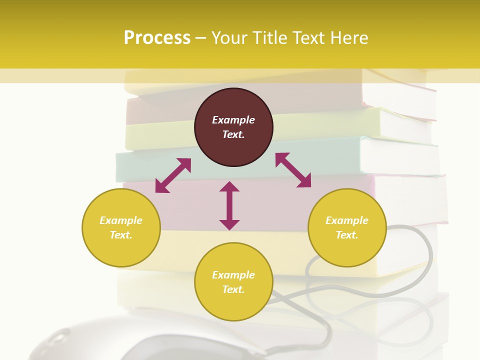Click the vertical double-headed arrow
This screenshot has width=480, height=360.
coord(229,205)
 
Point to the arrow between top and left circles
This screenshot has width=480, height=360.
coord(173,175)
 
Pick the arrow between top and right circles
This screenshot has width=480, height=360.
coord(293,170)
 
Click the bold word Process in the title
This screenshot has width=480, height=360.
coord(157,38)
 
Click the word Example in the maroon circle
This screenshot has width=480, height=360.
coord(233,120)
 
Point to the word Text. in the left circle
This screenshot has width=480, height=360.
coord(121,235)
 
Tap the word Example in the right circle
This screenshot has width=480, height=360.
coord(347,220)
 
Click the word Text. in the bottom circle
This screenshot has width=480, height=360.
coord(233,289)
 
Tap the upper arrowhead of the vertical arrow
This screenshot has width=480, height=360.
coord(229,186)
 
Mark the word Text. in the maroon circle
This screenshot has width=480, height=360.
coord(233,134)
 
